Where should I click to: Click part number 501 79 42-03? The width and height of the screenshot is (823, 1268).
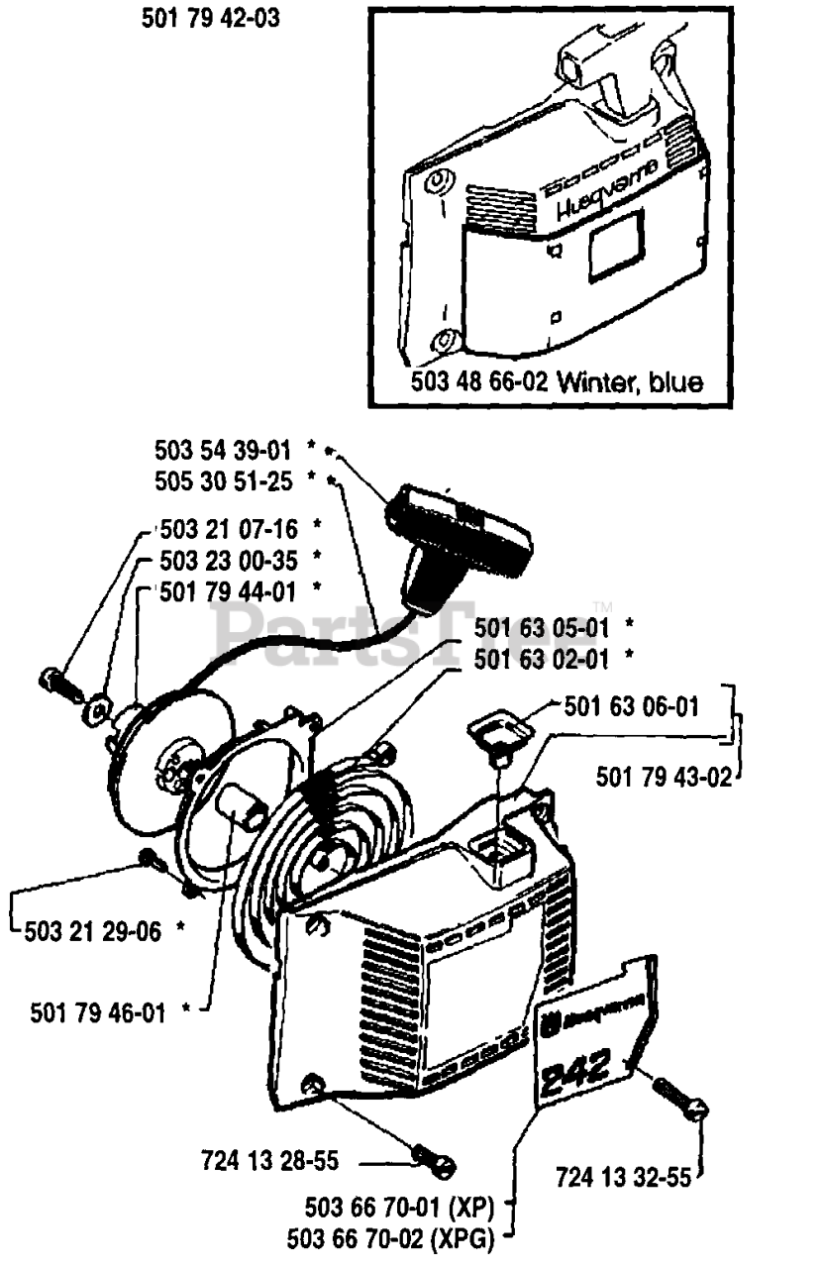tap(209, 17)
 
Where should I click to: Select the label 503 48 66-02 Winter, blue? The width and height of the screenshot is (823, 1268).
tap(557, 382)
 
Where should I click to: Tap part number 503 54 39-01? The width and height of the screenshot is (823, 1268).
tap(222, 451)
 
